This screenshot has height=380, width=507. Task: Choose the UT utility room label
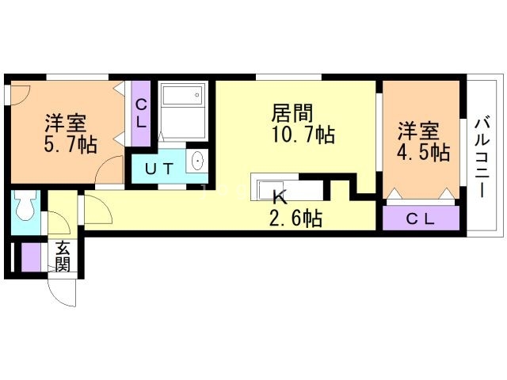(158, 167)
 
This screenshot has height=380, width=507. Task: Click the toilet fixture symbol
(23, 209)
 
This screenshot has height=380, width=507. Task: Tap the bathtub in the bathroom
(183, 100)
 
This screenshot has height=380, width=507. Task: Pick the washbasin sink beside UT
(197, 161)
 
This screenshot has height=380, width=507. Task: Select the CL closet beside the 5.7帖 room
(141, 114)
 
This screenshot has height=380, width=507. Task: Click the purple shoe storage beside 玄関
(32, 256)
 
